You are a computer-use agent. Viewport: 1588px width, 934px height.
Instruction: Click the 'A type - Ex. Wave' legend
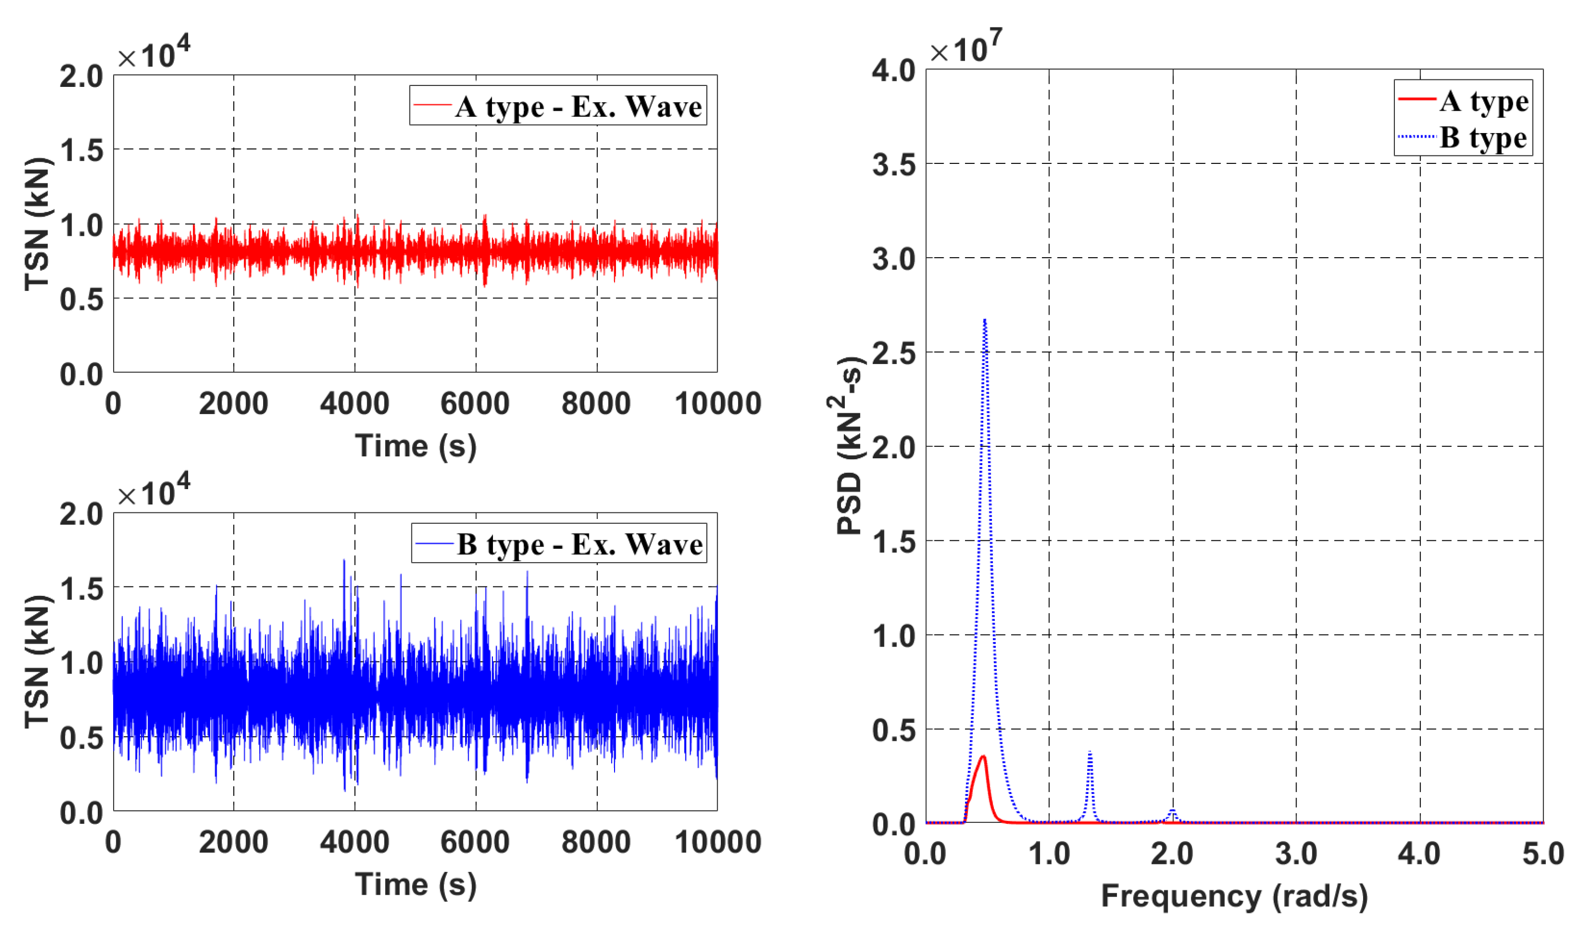558,106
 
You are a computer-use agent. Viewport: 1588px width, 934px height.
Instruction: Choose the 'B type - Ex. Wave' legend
559,543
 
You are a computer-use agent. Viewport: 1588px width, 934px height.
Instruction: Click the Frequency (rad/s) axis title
1234,896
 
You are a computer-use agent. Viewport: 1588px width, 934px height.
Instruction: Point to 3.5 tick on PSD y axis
894,165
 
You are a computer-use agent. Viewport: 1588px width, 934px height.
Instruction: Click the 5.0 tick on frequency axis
1543,854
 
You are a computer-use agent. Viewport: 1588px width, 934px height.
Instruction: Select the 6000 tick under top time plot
475,403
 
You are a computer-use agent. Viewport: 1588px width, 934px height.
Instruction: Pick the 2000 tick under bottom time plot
233,842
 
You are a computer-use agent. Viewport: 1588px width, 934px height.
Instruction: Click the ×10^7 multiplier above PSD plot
965,48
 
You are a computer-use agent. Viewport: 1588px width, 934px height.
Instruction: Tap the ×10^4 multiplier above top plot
153,53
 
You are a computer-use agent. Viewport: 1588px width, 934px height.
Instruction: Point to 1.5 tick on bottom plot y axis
81,588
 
